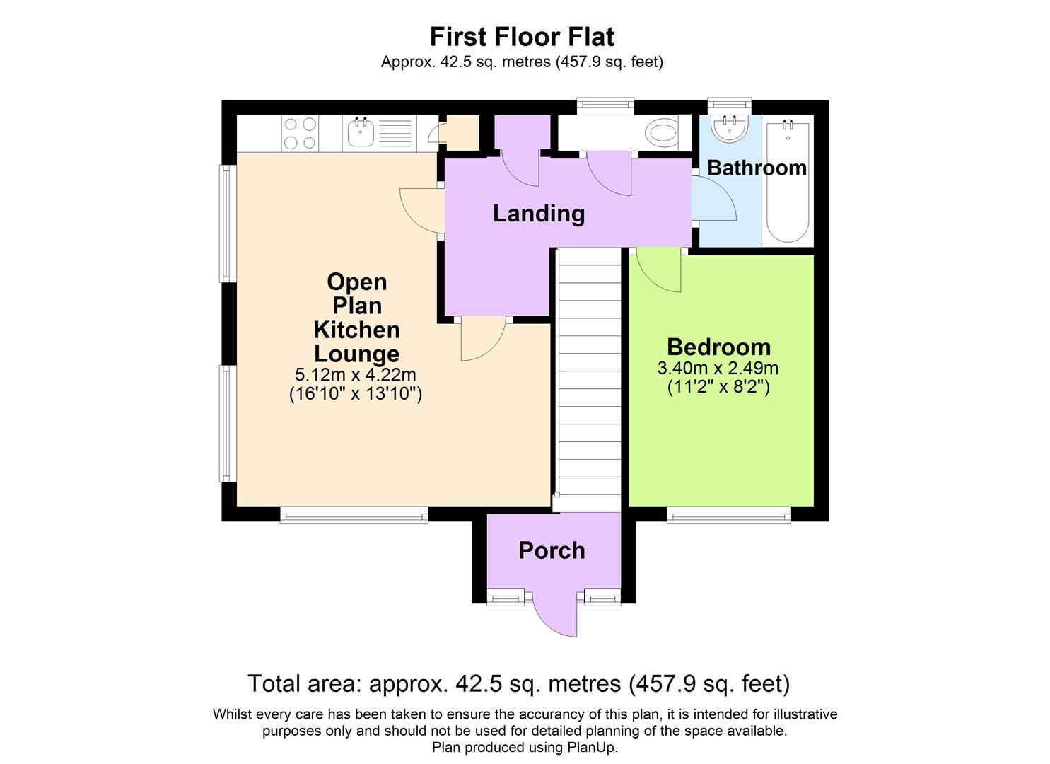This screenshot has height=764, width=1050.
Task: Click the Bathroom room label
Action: point(756,168)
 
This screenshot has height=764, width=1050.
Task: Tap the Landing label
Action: point(538,213)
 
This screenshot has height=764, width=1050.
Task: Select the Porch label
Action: point(552,550)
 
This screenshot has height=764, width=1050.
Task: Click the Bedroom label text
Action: point(718,347)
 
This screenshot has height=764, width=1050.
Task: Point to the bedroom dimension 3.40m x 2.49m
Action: point(718,368)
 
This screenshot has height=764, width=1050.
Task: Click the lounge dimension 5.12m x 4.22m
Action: point(356,374)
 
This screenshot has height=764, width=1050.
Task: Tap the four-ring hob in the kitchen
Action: point(300,133)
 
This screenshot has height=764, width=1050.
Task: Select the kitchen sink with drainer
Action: point(378,133)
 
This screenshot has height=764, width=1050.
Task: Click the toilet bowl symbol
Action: point(662,132)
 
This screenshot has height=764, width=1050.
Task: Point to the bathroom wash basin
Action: point(729,129)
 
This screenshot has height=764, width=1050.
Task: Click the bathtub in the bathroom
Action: point(788,183)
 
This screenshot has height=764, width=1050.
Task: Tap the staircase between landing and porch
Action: point(589,378)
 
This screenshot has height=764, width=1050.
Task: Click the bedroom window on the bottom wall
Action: point(728,516)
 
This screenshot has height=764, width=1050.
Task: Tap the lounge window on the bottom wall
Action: point(354,516)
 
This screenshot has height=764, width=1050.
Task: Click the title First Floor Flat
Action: point(522,36)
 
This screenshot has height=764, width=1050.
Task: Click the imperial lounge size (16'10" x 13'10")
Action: point(356,393)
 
